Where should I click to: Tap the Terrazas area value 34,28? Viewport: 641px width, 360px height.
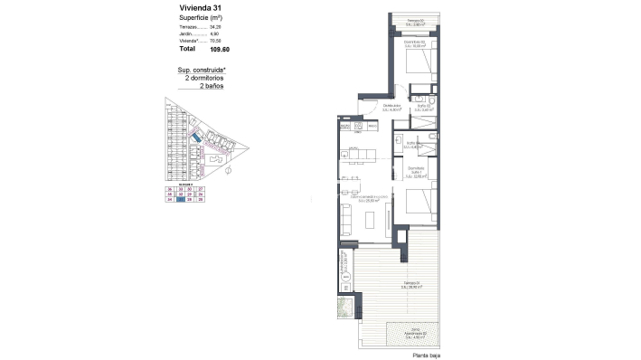pos(215,27)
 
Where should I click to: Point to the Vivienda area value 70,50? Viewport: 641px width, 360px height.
pos(215,42)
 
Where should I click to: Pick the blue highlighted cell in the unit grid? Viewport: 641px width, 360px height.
pos(182,200)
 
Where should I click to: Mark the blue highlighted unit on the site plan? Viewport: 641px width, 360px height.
pos(193,138)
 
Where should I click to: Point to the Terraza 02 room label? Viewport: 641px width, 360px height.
pos(414,22)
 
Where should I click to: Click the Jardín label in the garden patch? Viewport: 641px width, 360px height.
pos(414,333)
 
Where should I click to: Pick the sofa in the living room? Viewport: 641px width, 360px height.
pos(347,220)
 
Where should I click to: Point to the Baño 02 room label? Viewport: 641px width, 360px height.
pos(423,107)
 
